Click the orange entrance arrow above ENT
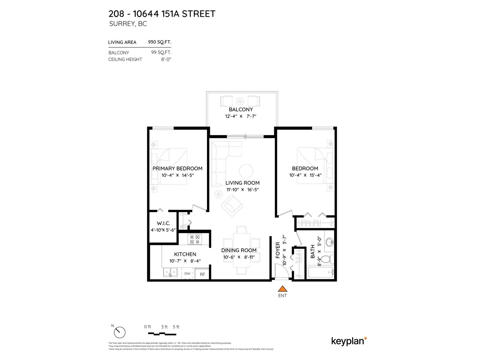point(282,289)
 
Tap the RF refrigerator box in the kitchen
point(202,274)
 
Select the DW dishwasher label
point(187,273)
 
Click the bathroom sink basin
point(330,242)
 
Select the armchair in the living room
point(232,205)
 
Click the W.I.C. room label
point(163,223)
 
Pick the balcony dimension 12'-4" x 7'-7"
point(241,116)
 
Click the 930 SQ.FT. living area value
point(160,42)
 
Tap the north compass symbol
point(119,332)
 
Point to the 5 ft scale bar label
point(176,327)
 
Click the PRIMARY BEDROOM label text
point(177,168)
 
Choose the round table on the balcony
point(240,100)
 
